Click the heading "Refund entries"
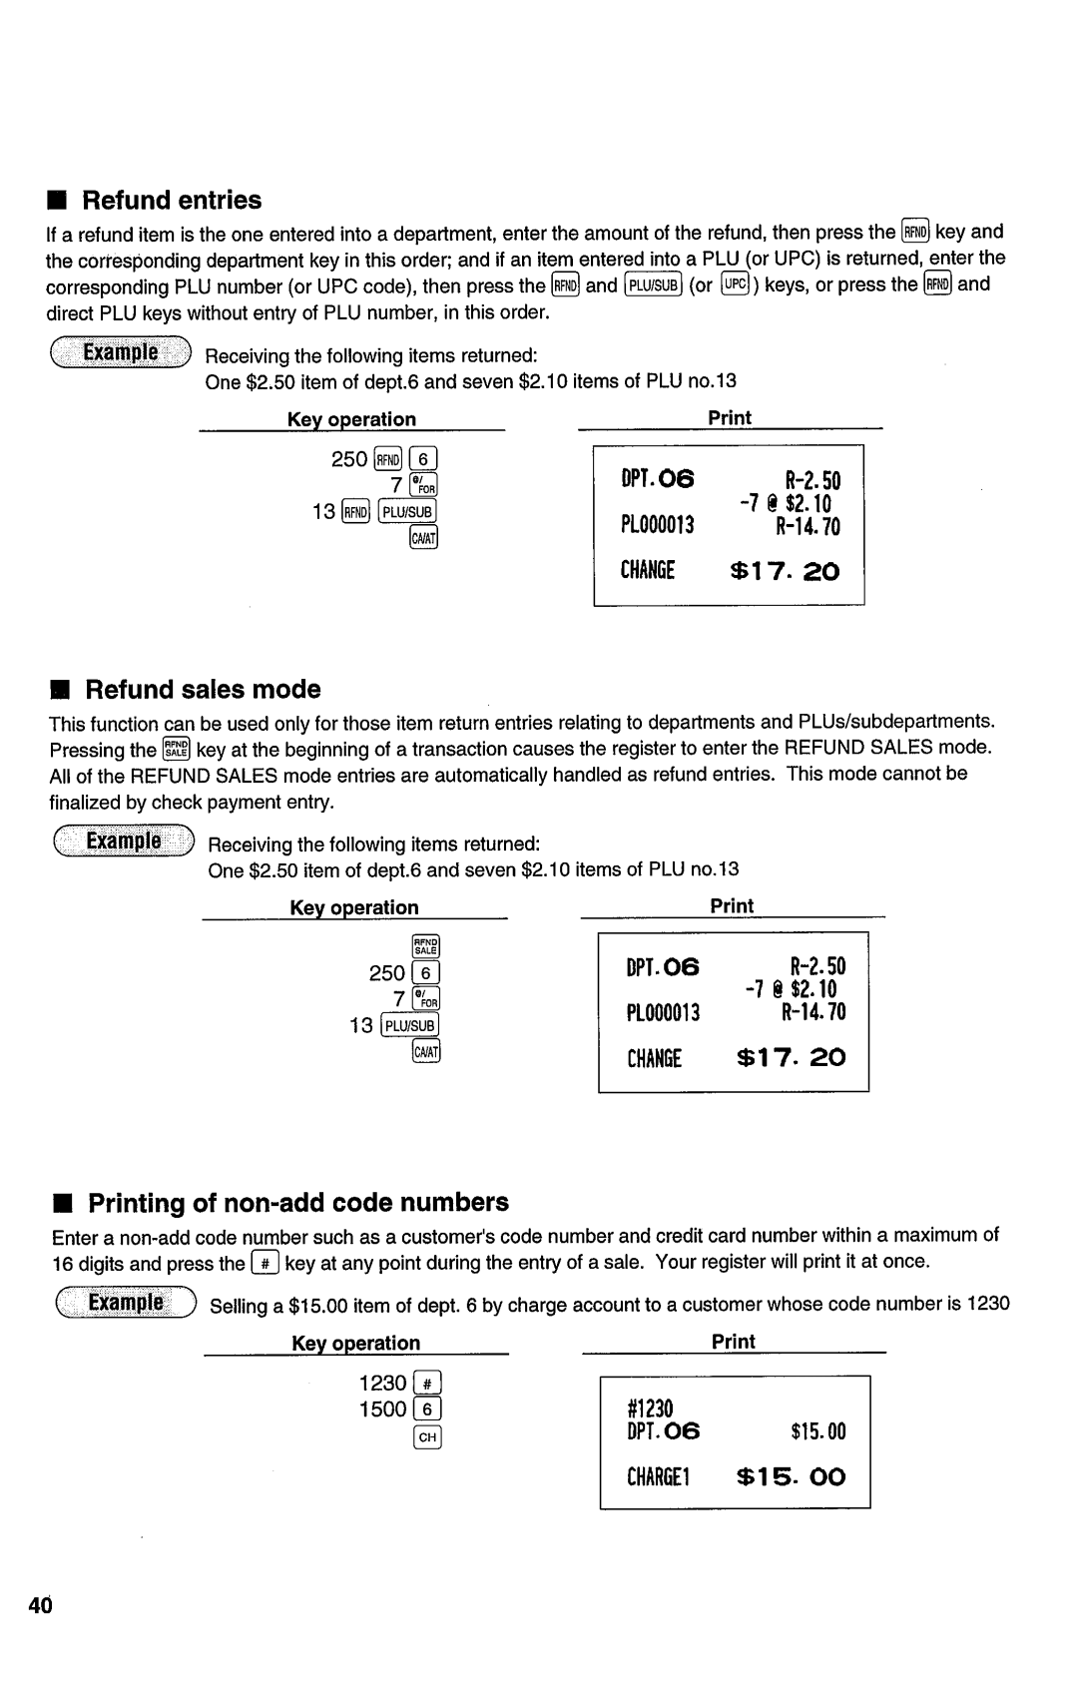click(x=171, y=200)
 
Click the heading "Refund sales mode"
click(x=203, y=690)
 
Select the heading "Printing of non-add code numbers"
click(x=298, y=1202)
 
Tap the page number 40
click(x=41, y=1605)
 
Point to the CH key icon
click(x=428, y=1437)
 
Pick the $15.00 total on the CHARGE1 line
click(x=791, y=1477)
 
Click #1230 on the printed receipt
click(x=651, y=1408)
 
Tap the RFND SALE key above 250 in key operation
click(x=426, y=947)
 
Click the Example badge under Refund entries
click(x=121, y=352)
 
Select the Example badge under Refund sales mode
click(x=124, y=841)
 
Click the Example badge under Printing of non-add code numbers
click(x=126, y=1304)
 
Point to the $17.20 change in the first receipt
click(x=786, y=571)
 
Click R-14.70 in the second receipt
click(x=813, y=1013)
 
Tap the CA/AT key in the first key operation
click(x=424, y=539)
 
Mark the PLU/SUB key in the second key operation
click(x=410, y=1026)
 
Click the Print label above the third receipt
click(x=734, y=1343)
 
